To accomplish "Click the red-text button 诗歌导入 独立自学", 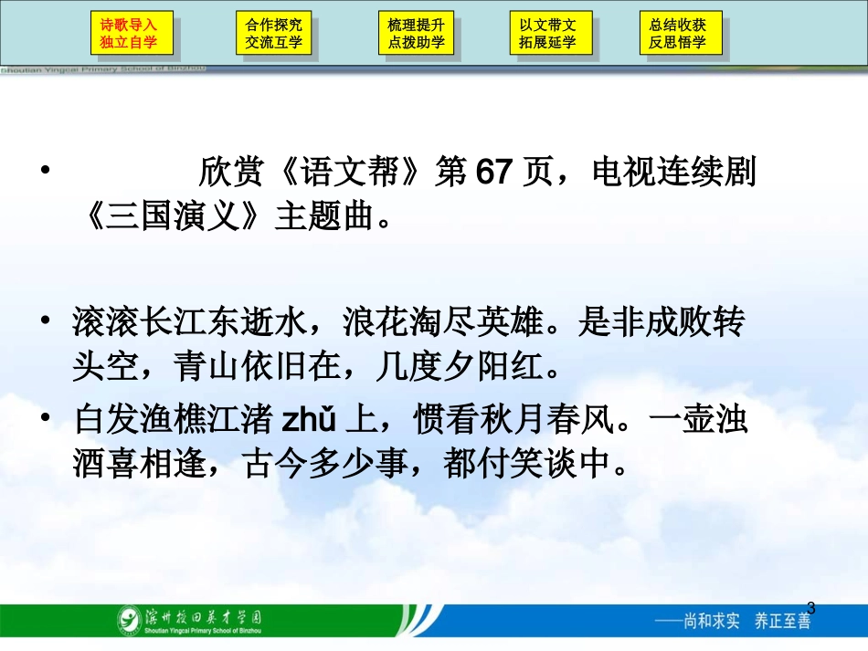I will pos(129,34).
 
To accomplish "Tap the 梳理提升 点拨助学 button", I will pos(416,34).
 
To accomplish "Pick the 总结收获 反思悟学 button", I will pos(677,34).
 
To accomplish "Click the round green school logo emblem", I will pos(129,621).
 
